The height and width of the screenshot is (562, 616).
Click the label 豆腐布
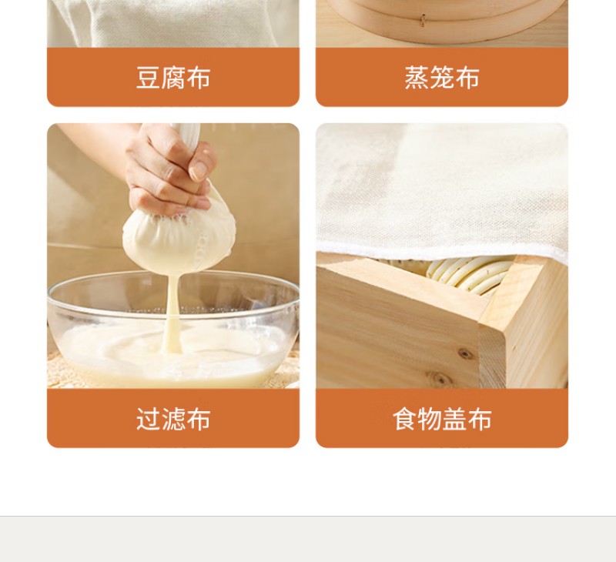(173, 77)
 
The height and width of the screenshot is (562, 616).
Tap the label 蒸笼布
(442, 77)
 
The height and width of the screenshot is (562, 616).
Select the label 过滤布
(173, 419)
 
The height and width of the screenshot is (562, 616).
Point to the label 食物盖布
(442, 419)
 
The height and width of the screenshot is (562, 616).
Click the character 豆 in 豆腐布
(148, 77)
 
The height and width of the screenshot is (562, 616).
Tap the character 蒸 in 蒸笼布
(417, 77)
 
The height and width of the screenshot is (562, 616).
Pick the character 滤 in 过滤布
(173, 419)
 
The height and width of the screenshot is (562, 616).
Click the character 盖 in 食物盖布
(454, 419)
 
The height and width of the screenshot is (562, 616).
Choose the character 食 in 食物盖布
(405, 419)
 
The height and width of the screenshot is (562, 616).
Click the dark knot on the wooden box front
(465, 354)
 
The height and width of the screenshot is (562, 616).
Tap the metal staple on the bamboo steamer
(423, 20)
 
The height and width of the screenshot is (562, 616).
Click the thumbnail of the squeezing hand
(199, 169)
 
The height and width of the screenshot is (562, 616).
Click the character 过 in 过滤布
(148, 419)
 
